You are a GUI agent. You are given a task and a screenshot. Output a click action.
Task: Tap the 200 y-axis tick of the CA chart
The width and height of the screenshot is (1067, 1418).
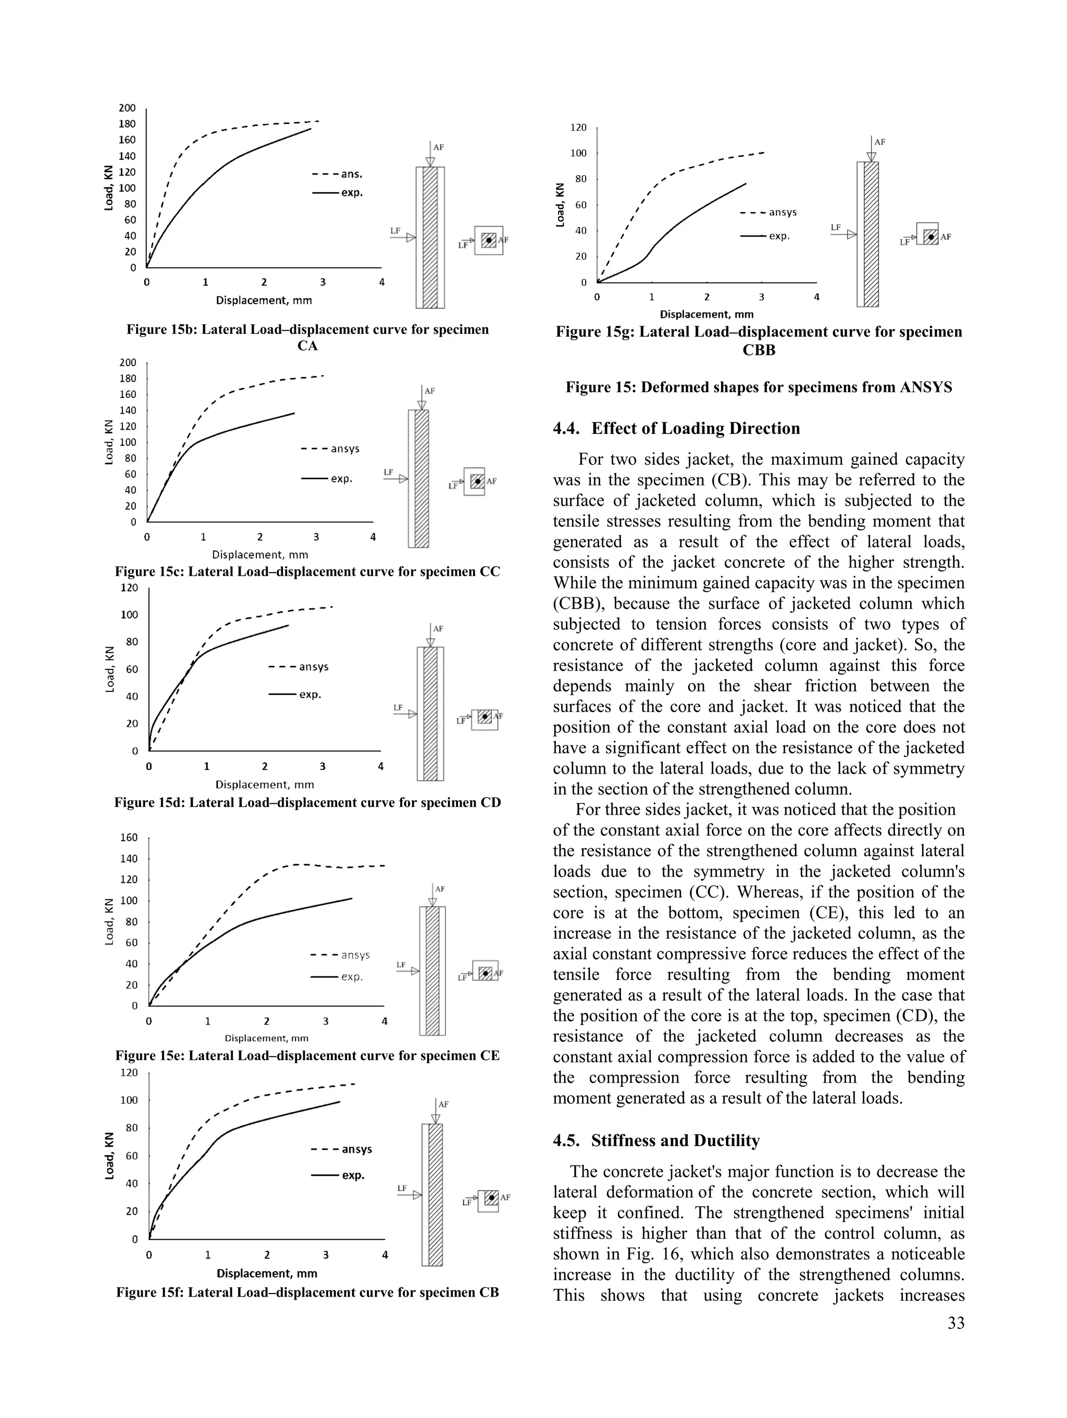point(128,108)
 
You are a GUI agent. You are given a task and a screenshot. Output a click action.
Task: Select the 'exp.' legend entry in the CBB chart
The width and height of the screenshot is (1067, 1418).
point(779,237)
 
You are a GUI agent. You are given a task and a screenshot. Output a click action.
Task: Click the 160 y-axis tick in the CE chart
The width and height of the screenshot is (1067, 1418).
point(129,837)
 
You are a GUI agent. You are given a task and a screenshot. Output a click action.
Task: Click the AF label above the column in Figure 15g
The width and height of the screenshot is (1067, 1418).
point(880,142)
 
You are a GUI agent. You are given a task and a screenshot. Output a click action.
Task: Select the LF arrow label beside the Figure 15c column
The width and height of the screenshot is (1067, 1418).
point(388,472)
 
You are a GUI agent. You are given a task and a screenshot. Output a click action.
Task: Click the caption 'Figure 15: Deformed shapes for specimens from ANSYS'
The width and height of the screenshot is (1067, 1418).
point(759,387)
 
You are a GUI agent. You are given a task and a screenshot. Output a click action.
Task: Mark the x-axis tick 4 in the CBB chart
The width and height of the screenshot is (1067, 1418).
point(816,297)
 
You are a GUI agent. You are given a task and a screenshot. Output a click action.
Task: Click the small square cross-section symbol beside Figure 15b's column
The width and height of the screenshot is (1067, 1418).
point(489,240)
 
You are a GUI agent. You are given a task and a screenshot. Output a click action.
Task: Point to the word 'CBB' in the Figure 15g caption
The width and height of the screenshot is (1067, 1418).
point(759,350)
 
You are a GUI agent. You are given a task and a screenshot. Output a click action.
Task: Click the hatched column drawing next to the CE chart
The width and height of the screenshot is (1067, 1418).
point(433,971)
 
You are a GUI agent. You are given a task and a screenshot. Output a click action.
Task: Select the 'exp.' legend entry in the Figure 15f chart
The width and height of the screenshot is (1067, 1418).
point(353,1175)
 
